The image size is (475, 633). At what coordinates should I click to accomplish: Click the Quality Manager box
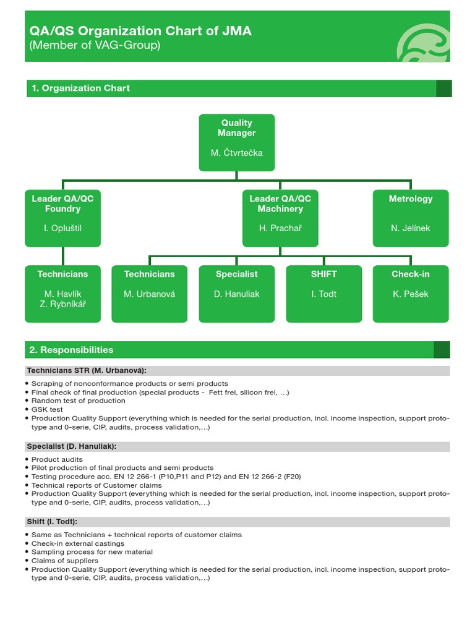pyautogui.click(x=237, y=142)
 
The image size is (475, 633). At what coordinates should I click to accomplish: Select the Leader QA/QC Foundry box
pyautogui.click(x=62, y=218)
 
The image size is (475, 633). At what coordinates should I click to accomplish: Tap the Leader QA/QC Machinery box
pyautogui.click(x=280, y=218)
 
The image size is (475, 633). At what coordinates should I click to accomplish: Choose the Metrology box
pyautogui.click(x=411, y=218)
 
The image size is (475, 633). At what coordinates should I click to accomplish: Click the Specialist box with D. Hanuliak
pyautogui.click(x=237, y=294)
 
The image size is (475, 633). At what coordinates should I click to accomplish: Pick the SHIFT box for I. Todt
pyautogui.click(x=323, y=294)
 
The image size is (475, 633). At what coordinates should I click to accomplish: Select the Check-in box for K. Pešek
pyautogui.click(x=411, y=294)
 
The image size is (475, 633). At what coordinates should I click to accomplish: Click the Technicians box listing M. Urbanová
pyautogui.click(x=149, y=294)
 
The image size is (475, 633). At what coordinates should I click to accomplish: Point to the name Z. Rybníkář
pyautogui.click(x=62, y=304)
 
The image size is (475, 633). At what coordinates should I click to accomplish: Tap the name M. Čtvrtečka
pyautogui.click(x=237, y=153)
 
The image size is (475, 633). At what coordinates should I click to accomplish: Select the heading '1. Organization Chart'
pyautogui.click(x=80, y=88)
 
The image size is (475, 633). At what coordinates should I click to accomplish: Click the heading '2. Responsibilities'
pyautogui.click(x=71, y=350)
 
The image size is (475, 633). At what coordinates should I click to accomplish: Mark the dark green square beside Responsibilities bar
pyautogui.click(x=442, y=350)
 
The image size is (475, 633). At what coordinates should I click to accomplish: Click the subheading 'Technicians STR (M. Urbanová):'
pyautogui.click(x=87, y=371)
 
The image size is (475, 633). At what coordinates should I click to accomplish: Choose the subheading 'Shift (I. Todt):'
pyautogui.click(x=52, y=522)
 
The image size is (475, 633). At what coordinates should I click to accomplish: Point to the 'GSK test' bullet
pyautogui.click(x=48, y=409)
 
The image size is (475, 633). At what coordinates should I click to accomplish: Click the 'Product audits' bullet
pyautogui.click(x=57, y=459)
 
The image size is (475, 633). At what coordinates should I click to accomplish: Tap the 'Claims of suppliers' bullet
pyautogui.click(x=65, y=561)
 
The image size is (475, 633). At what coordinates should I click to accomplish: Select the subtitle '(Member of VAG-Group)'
pyautogui.click(x=95, y=46)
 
